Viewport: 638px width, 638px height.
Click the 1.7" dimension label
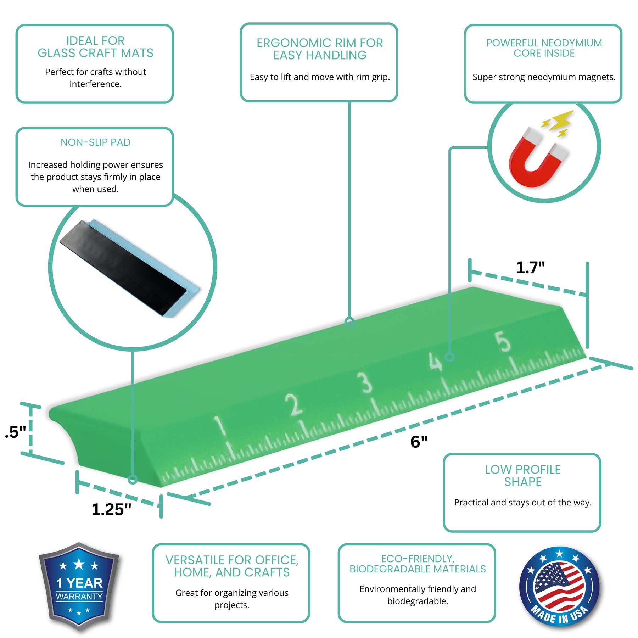530,268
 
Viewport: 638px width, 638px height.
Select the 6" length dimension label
419,442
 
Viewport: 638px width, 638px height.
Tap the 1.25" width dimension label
111,510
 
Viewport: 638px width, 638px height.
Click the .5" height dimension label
16,432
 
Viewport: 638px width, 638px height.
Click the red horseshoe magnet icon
538,158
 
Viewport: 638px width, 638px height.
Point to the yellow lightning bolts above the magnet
557,123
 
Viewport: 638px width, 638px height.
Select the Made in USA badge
559,587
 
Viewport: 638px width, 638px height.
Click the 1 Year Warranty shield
79,587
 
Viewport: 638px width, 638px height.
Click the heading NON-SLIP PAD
95,142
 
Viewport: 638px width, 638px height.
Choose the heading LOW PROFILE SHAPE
523,476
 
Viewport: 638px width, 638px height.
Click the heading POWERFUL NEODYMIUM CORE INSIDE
544,48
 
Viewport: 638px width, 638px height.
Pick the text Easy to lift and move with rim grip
320,77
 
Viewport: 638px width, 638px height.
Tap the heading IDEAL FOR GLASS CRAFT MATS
95,47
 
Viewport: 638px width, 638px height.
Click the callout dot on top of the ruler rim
349,321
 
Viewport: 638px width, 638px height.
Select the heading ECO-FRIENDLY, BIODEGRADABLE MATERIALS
418,564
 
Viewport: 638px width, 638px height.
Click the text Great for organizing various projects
232,599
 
